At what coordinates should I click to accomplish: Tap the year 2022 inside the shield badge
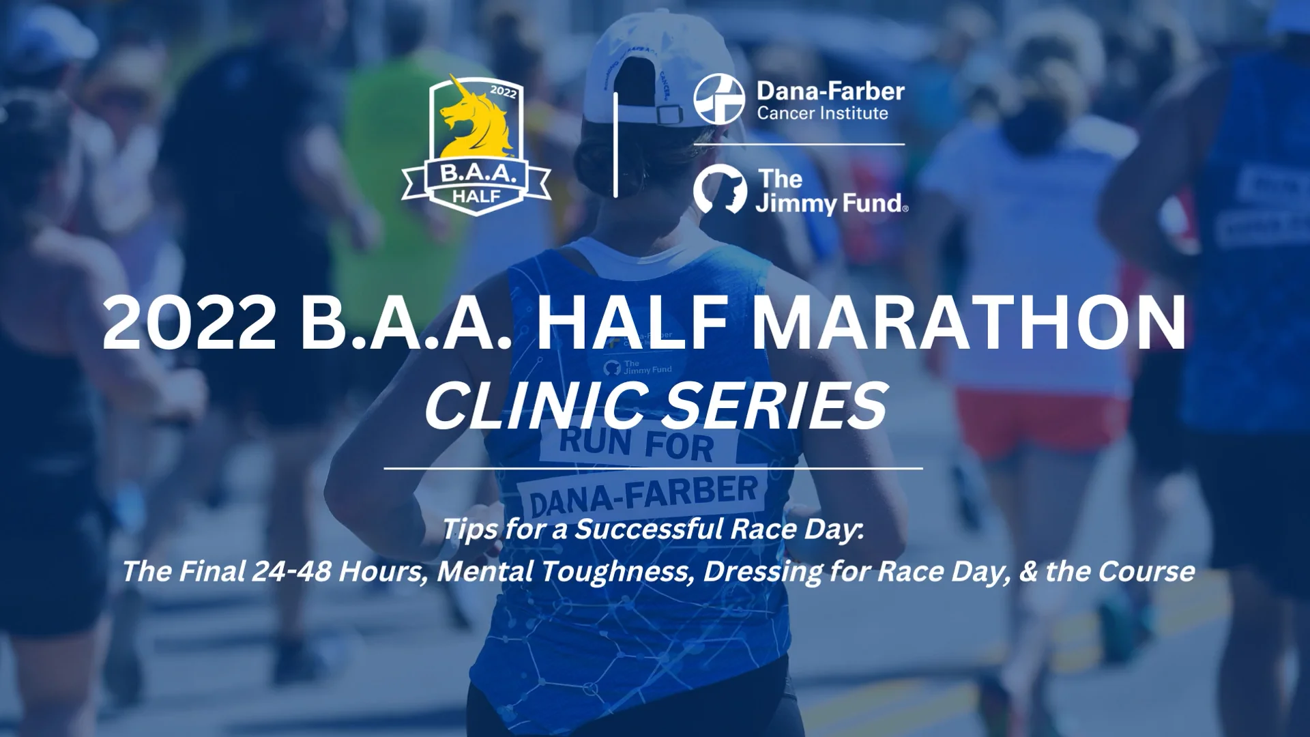coord(503,91)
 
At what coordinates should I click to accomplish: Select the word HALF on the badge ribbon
coord(477,197)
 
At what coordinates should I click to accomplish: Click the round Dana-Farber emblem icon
coord(718,100)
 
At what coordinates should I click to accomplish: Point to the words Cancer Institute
coord(822,113)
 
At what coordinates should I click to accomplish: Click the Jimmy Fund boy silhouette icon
coord(719,190)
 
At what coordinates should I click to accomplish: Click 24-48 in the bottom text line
coord(291,571)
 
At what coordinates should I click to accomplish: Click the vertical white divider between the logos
coord(615,145)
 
